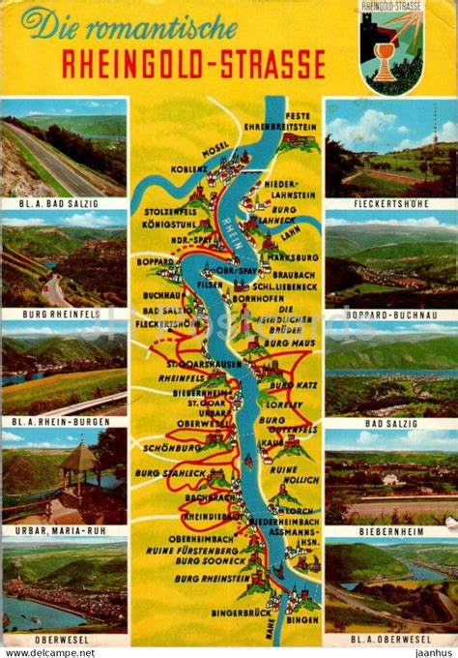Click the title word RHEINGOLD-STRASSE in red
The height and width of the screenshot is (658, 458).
tap(193, 65)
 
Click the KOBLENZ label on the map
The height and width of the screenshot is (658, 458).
tap(189, 167)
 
